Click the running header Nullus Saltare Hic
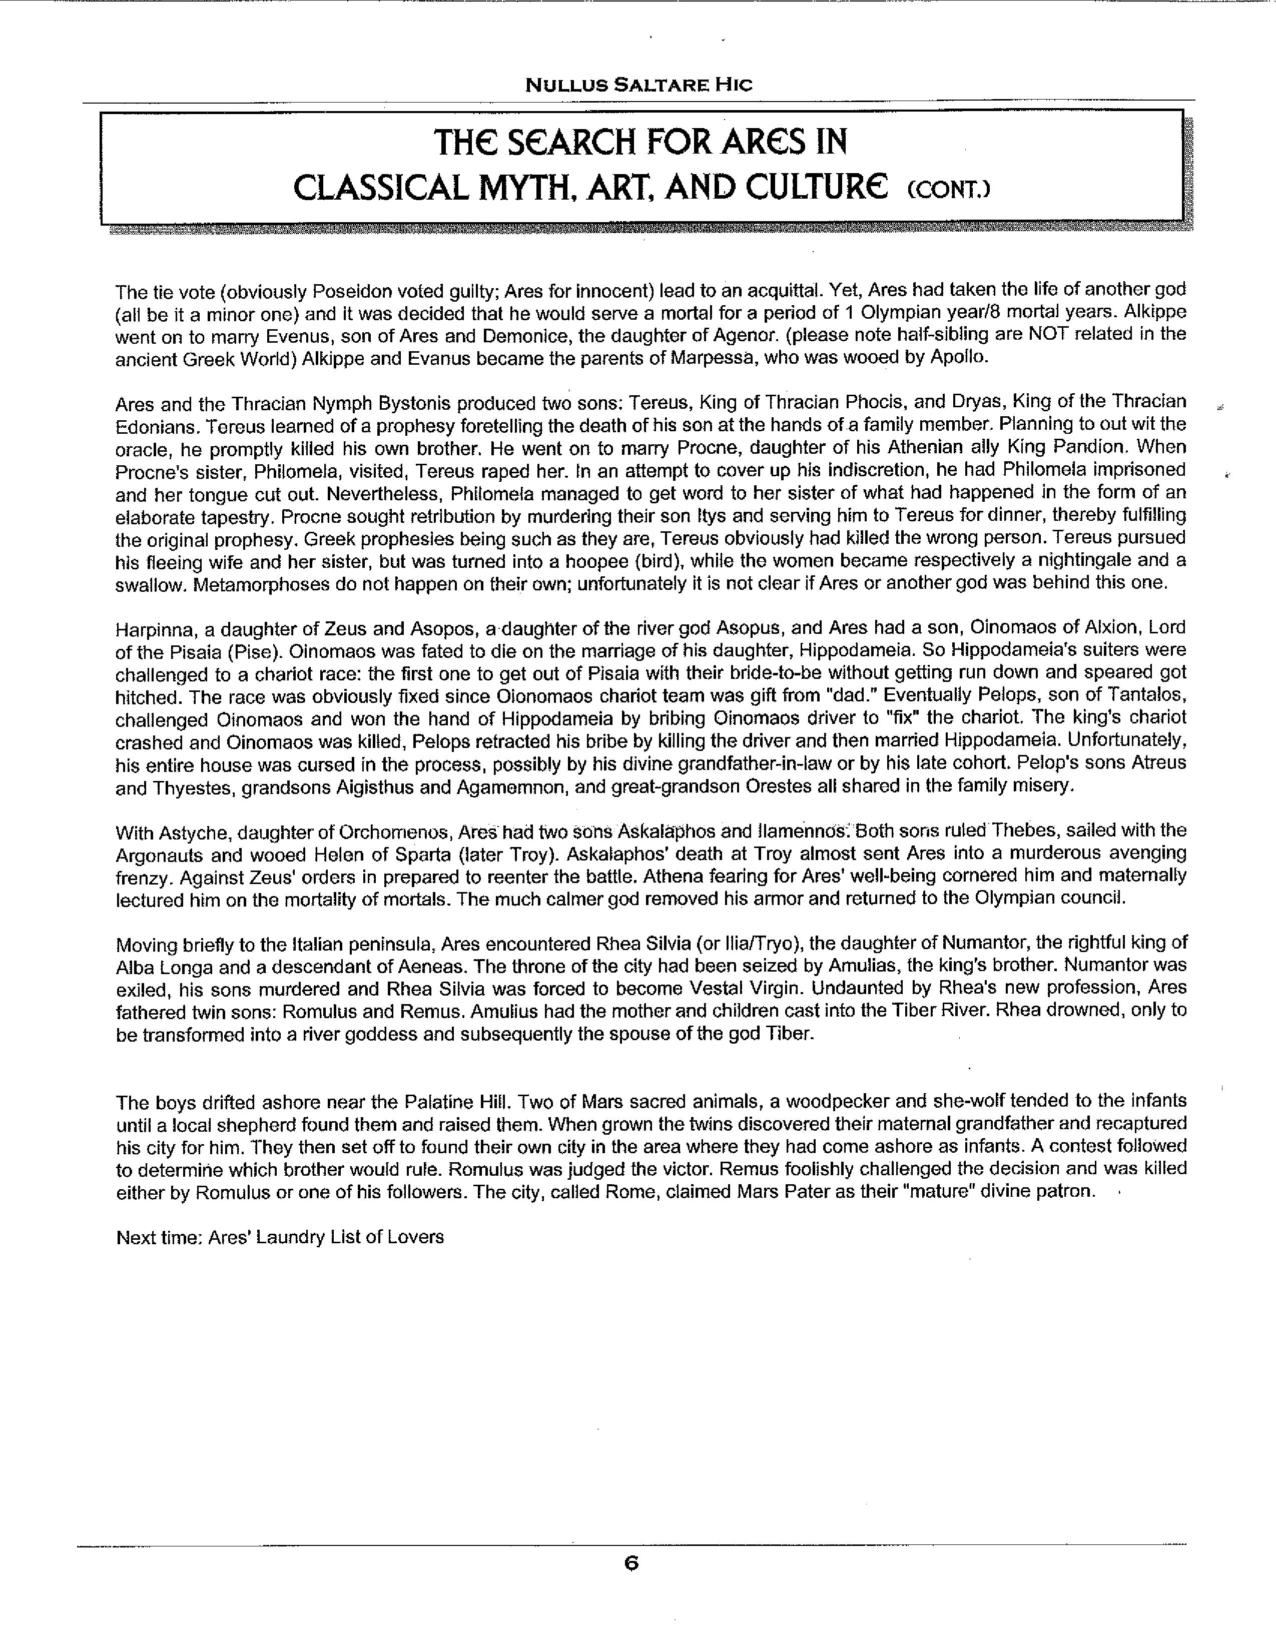coord(639,85)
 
